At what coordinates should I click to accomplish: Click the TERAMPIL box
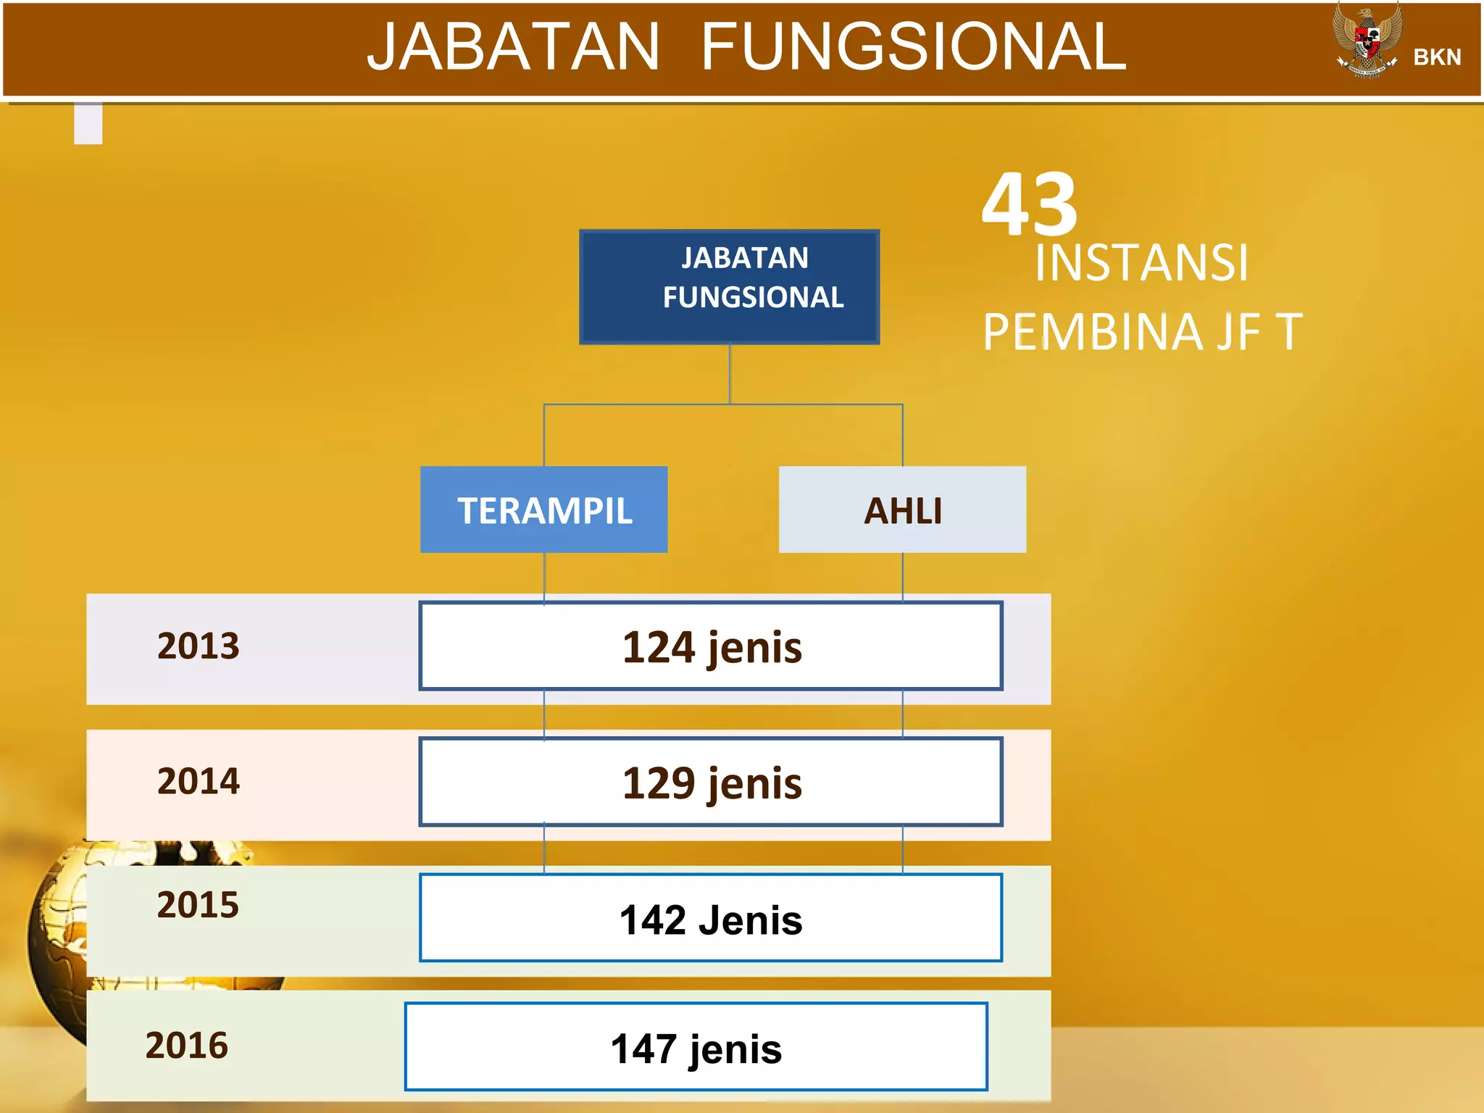(x=543, y=509)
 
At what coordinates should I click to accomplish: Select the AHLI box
(x=902, y=509)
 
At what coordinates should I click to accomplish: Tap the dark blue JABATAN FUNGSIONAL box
(x=729, y=286)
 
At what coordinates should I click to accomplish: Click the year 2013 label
(x=198, y=646)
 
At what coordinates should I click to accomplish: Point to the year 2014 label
(x=198, y=781)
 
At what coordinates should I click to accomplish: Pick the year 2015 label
(x=198, y=905)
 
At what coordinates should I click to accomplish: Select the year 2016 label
(x=187, y=1045)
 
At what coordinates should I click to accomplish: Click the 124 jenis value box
(x=711, y=646)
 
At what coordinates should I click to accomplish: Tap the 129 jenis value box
(x=711, y=781)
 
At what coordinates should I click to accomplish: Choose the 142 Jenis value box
(x=711, y=918)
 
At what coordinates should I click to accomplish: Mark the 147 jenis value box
(x=696, y=1047)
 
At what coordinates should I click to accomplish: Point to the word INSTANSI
(x=1141, y=262)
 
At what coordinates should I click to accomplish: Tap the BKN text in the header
(x=1437, y=57)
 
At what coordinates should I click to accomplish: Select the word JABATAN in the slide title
(x=513, y=47)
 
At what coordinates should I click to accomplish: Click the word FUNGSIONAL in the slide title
(x=914, y=47)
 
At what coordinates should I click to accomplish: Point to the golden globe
(x=58, y=942)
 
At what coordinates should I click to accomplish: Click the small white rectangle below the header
(x=88, y=123)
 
